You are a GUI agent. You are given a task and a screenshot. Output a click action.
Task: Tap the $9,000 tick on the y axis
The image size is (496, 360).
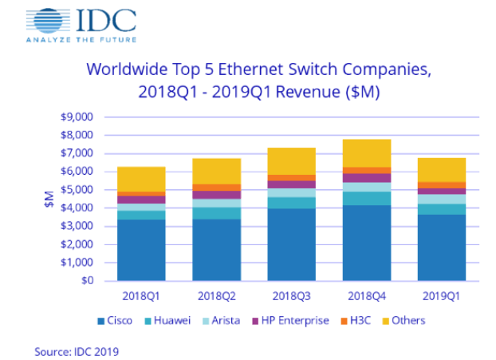77,117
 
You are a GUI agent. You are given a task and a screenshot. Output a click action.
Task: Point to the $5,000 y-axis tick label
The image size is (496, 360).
77,190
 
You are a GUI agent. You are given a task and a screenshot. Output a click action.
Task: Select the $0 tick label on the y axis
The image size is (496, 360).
87,281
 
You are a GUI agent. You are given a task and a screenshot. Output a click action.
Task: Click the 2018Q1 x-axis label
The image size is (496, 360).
141,295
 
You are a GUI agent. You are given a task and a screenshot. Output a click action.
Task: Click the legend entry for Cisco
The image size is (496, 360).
115,321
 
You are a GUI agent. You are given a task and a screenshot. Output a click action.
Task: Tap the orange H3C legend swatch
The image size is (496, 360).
344,321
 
